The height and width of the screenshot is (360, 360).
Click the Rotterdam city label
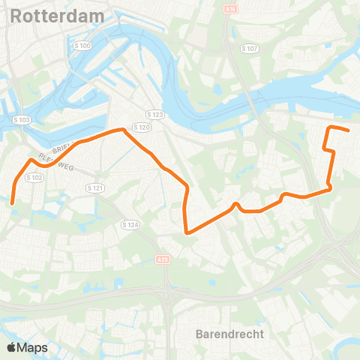(x=47, y=15)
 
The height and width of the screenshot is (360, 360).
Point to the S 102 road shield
(x=34, y=178)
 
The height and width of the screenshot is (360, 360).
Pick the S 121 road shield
(x=94, y=187)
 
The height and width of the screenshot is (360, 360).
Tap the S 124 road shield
(x=130, y=224)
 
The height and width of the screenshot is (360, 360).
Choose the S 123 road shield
(x=155, y=114)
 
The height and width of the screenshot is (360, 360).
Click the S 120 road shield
(x=145, y=128)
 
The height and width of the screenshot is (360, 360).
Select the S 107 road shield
(x=250, y=48)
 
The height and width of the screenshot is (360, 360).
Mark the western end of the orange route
(x=13, y=201)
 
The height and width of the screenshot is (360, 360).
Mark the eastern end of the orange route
(x=349, y=130)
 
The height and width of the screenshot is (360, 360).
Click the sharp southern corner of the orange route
(x=187, y=232)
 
